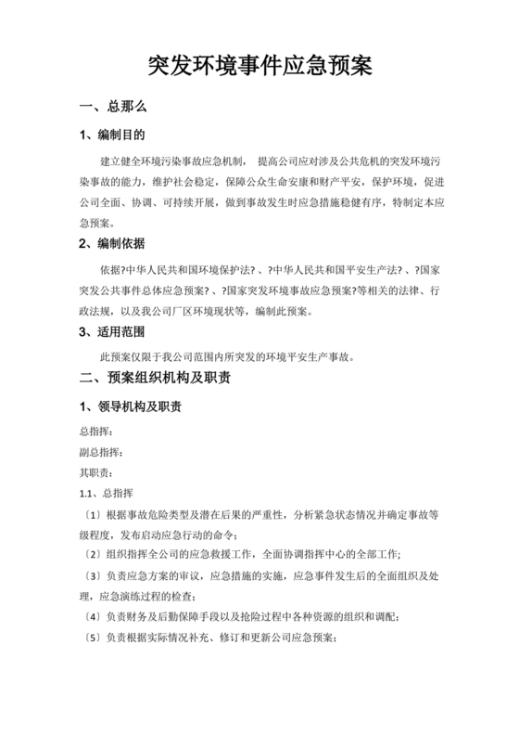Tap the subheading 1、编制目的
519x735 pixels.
(x=112, y=136)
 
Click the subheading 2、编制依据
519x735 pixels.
(x=112, y=244)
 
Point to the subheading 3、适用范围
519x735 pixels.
(x=112, y=331)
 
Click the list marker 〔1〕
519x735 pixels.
(x=92, y=513)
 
